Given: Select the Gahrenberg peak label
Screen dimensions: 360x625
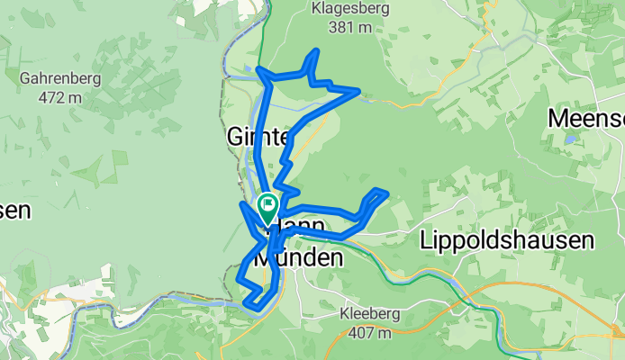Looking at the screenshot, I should (59, 78).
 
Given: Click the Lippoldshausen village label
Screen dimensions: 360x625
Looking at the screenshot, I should (507, 240).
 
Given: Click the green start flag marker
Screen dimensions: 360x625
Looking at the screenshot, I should (268, 208).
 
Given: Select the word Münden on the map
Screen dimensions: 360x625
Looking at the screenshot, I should (301, 258).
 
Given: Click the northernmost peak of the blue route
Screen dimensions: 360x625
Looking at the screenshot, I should (315, 51).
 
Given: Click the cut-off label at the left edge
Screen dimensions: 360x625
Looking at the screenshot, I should (14, 211).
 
